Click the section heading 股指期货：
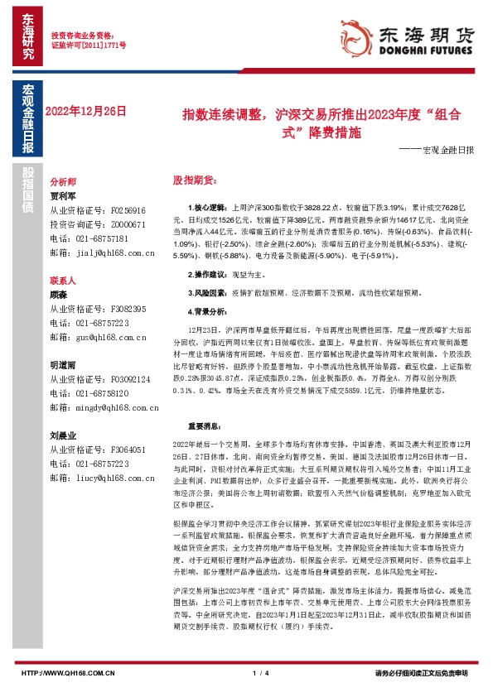(x=193, y=179)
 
